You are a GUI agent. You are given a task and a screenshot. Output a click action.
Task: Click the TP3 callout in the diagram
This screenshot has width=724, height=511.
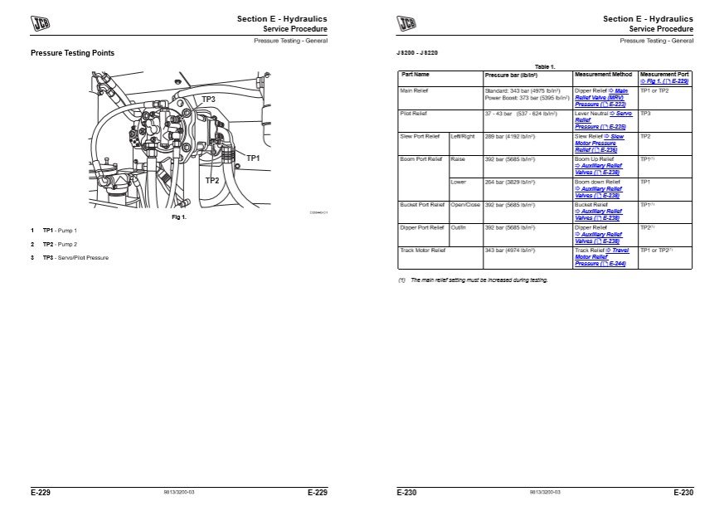[208, 100]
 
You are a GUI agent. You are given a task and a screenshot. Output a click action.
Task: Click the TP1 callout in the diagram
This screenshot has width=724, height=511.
[253, 158]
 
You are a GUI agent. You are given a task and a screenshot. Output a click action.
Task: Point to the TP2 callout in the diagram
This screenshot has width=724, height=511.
[212, 180]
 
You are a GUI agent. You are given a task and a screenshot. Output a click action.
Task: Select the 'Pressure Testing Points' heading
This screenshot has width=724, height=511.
[72, 54]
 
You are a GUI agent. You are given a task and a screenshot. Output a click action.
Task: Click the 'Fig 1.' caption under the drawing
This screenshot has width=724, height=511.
[178, 217]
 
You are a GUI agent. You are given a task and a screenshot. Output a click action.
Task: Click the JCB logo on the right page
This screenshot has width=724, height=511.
[406, 23]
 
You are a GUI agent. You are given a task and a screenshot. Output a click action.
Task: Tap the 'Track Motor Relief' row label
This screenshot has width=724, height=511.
[423, 250]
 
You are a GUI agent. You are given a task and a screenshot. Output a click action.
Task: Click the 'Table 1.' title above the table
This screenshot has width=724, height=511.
[545, 66]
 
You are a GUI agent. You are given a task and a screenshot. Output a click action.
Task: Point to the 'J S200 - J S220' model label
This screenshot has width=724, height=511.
[417, 53]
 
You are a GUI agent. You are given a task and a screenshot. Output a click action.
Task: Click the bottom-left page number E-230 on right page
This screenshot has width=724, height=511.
[406, 493]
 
